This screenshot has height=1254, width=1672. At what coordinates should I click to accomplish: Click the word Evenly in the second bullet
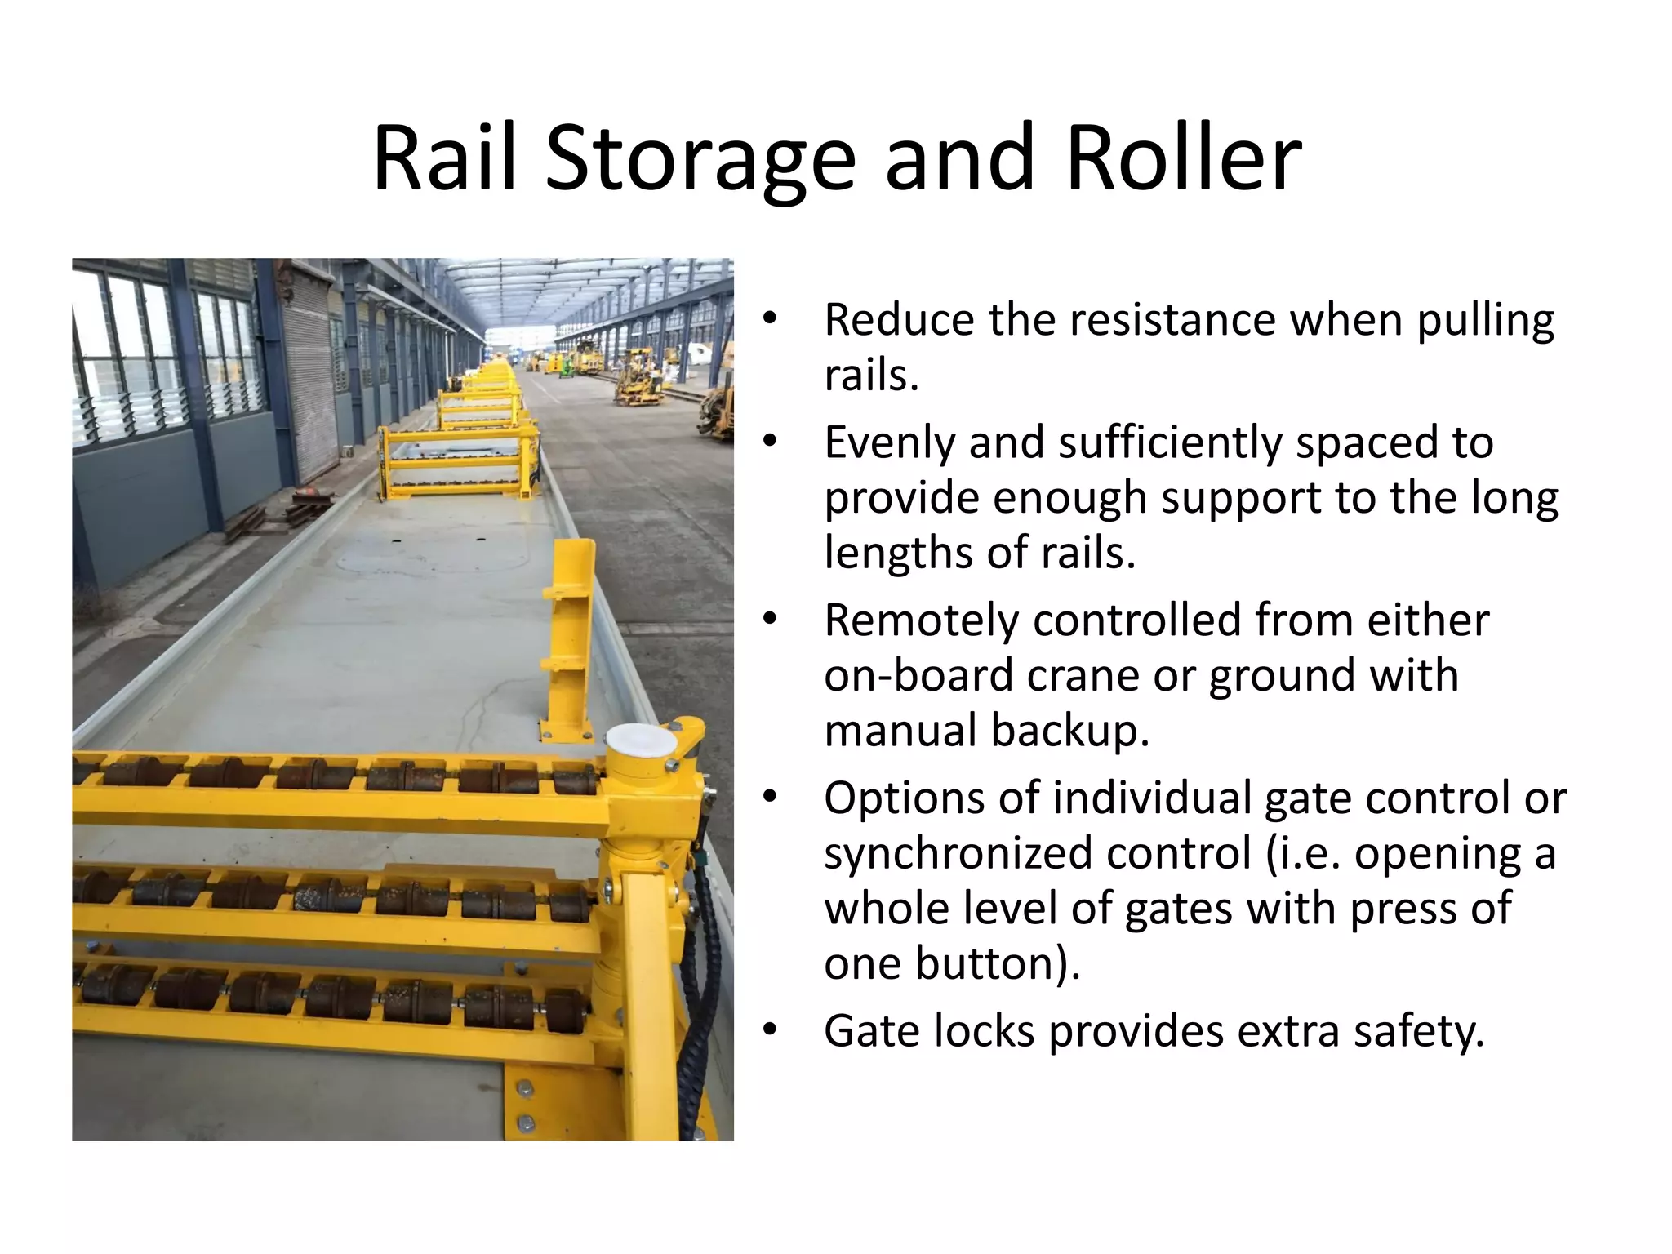pyautogui.click(x=888, y=443)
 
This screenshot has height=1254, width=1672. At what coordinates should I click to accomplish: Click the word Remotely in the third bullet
pyautogui.click(x=921, y=620)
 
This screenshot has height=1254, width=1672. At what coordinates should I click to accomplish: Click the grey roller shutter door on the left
pyautogui.click(x=309, y=384)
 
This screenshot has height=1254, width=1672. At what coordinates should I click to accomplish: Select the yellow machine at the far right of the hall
pyautogui.click(x=717, y=408)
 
